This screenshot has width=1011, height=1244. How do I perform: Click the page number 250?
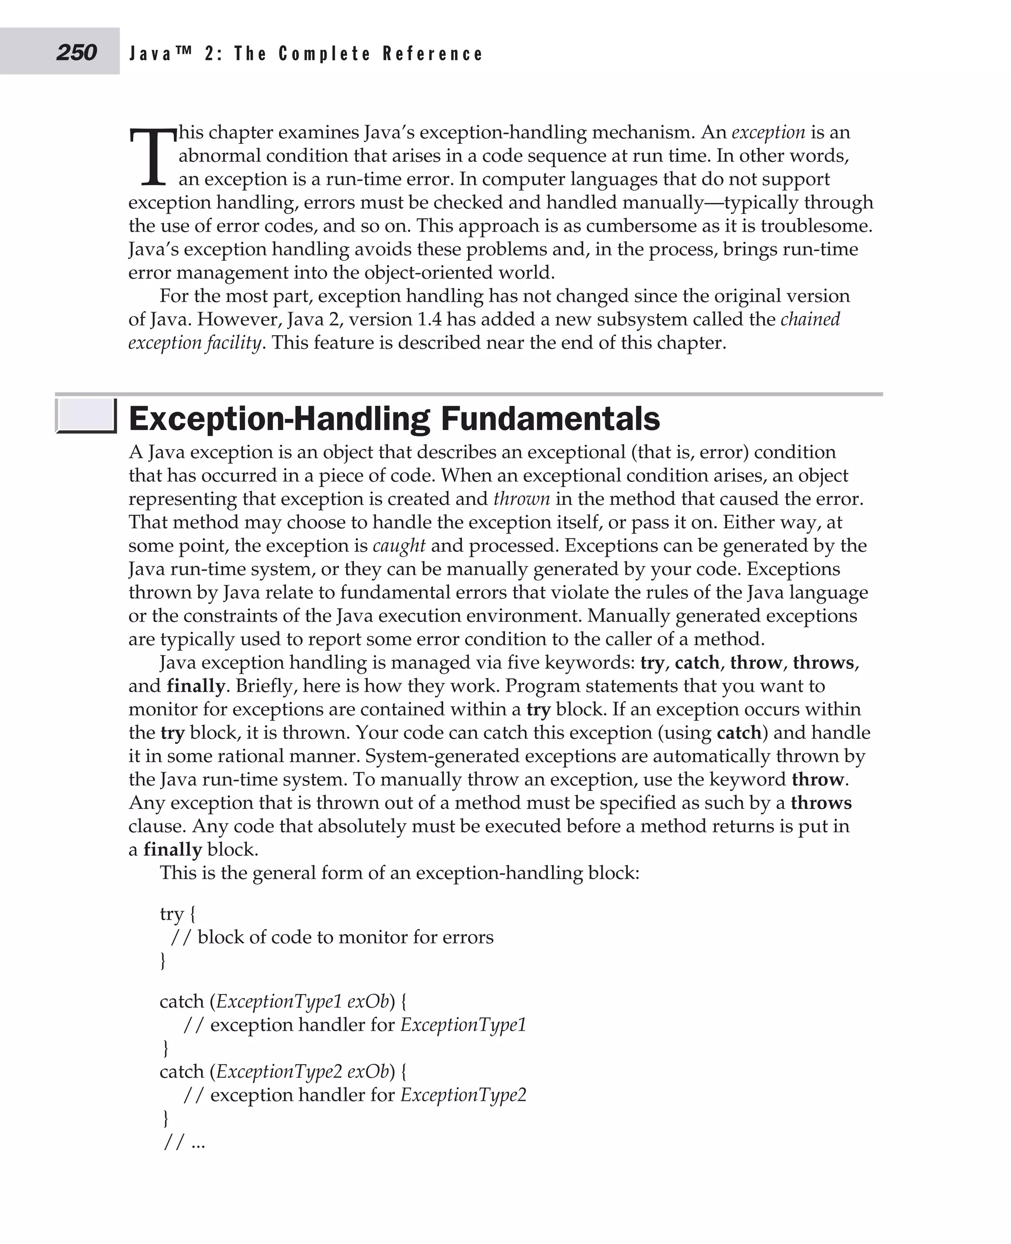click(x=77, y=52)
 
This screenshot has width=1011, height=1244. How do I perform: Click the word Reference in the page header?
click(x=433, y=54)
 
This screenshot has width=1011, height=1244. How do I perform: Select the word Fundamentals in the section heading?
click(x=550, y=419)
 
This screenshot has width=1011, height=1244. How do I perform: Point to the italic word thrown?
click(x=521, y=499)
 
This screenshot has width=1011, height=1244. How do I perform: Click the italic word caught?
click(x=399, y=545)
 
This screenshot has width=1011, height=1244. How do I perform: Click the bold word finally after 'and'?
click(x=195, y=686)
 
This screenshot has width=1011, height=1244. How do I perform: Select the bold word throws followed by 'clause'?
click(x=820, y=803)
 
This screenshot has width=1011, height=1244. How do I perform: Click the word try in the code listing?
click(x=172, y=914)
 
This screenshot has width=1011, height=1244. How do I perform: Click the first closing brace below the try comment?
click(x=163, y=960)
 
